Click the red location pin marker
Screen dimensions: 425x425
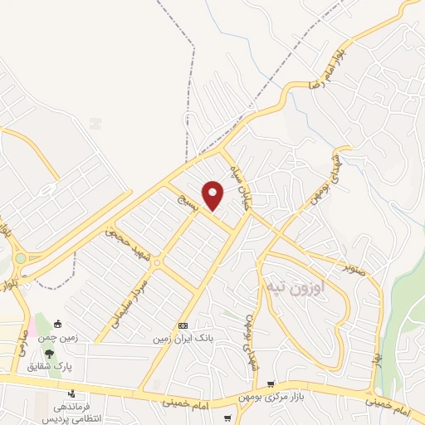click(213, 195)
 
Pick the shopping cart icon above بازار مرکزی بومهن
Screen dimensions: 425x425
click(271, 383)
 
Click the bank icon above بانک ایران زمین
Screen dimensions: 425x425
click(183, 325)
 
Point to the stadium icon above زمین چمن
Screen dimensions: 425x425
click(57, 325)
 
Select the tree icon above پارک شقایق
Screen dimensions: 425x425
click(49, 354)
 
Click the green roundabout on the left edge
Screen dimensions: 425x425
click(20, 259)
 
